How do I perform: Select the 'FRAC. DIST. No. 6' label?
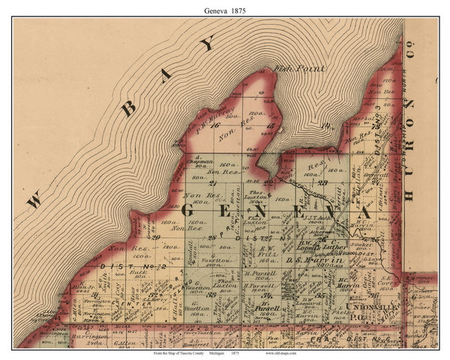tap(358, 338)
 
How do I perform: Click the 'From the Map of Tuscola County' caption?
tap(176, 352)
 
